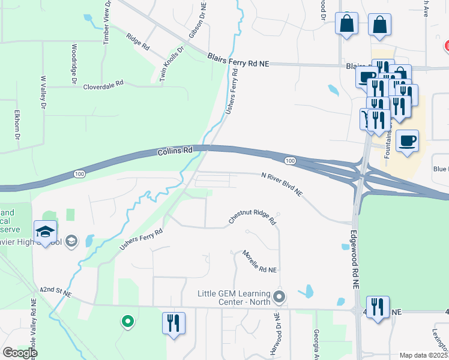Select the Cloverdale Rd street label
pyautogui.click(x=103, y=85)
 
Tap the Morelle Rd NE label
pyautogui.click(x=259, y=262)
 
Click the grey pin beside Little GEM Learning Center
pyautogui.click(x=279, y=296)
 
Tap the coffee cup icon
pyautogui.click(x=408, y=141)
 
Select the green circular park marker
pyautogui.click(x=127, y=322)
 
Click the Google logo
pyautogui.click(x=20, y=352)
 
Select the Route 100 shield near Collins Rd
pyautogui.click(x=79, y=173)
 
